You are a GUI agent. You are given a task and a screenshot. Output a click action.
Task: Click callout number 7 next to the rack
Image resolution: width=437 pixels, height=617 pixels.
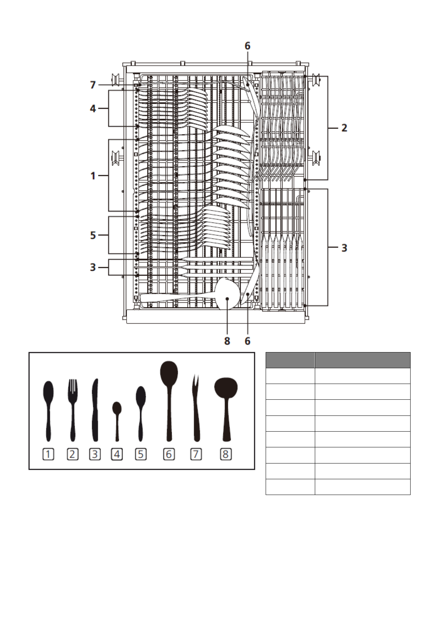(x=93, y=85)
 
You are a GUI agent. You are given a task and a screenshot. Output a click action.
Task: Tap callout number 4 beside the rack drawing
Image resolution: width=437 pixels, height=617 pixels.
(x=93, y=108)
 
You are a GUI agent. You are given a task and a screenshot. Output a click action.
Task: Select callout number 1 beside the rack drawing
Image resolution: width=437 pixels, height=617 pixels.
(x=93, y=176)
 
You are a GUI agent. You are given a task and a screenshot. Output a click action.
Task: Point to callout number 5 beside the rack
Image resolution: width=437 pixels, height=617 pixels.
(x=93, y=235)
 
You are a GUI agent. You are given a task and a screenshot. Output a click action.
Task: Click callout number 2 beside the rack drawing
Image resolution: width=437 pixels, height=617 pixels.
(x=344, y=128)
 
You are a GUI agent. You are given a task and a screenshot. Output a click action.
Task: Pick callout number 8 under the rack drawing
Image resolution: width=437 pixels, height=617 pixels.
(x=227, y=341)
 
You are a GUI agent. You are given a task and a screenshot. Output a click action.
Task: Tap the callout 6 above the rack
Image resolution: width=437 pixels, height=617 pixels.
(x=247, y=46)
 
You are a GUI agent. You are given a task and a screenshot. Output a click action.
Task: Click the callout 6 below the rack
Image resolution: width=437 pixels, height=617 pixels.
(x=247, y=341)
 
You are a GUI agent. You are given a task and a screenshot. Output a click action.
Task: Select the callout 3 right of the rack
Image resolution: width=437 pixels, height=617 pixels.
(x=344, y=248)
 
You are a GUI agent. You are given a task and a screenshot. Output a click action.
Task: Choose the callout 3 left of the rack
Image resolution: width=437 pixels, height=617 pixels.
(x=93, y=267)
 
